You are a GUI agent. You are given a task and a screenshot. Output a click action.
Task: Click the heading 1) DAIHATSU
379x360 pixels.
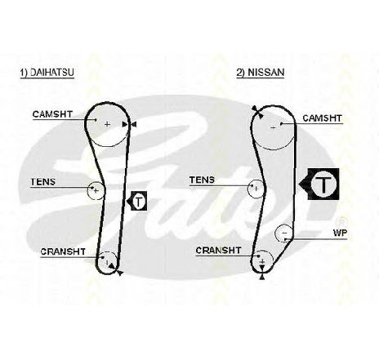point(47,73)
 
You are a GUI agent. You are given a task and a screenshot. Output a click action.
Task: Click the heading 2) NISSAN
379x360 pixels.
point(261,73)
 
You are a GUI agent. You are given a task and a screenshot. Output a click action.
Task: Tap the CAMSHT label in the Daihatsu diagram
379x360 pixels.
point(52,114)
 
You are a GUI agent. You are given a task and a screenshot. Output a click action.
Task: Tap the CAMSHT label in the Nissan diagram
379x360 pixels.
point(322,118)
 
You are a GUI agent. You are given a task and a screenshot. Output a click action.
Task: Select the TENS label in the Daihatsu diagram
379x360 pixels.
point(43,182)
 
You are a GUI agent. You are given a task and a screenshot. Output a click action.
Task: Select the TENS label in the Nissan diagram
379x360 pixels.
point(202,180)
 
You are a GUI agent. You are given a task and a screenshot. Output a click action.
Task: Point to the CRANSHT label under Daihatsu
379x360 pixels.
point(63,251)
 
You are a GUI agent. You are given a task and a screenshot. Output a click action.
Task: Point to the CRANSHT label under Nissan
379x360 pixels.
point(218,251)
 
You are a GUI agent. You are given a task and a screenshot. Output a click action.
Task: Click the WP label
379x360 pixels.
point(340,233)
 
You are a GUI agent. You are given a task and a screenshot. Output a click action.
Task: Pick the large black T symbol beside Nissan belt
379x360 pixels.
point(319,184)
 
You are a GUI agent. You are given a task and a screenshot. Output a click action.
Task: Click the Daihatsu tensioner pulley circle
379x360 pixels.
point(87,190)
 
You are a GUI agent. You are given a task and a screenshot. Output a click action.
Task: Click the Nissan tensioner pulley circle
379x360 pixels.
point(247,189)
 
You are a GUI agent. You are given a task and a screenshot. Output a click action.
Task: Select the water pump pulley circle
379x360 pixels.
point(275,233)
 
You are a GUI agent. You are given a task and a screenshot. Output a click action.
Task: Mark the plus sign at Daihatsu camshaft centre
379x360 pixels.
point(107,124)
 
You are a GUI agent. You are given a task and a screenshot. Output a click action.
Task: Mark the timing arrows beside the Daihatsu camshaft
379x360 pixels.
point(129,125)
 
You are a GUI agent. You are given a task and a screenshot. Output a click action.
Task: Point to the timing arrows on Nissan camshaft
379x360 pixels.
point(257,112)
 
